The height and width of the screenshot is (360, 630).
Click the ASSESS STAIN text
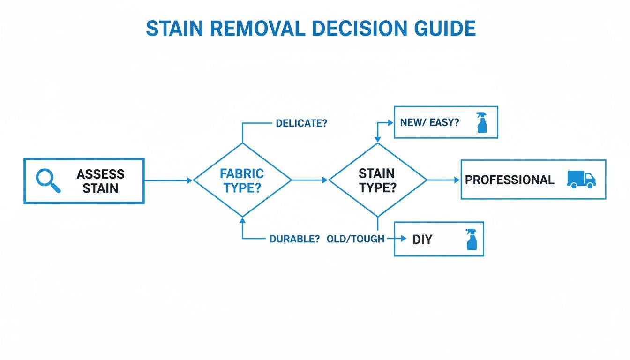[x=100, y=181]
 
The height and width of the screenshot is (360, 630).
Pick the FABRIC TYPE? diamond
[x=242, y=180]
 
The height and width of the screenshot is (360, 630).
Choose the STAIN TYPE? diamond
[x=377, y=180]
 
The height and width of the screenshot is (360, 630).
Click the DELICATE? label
[x=301, y=123]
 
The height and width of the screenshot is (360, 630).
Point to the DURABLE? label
[x=294, y=239]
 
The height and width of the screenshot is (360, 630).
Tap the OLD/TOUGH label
[x=355, y=239]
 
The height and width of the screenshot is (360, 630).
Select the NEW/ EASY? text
[x=429, y=122]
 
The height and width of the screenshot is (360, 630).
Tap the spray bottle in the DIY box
[x=471, y=239]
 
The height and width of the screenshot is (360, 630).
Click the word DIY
[x=422, y=239]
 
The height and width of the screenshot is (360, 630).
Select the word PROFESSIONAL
[x=509, y=180]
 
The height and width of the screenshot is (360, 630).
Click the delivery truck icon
[x=581, y=180]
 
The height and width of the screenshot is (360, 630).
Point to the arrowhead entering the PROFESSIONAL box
[x=457, y=180]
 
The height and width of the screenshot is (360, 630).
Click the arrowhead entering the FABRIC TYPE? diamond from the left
[x=190, y=180]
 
